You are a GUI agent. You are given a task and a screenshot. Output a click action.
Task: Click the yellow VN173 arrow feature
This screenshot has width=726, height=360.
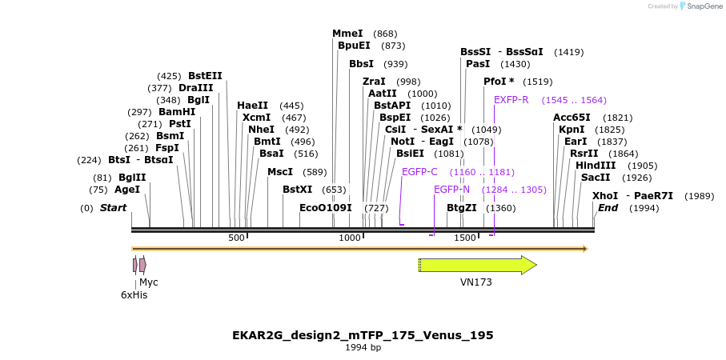pyautogui.click(x=476, y=266)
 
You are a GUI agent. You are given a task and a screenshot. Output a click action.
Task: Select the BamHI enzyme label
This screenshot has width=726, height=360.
pyautogui.click(x=177, y=112)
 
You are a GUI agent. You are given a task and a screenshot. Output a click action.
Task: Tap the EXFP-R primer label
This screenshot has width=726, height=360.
pyautogui.click(x=511, y=100)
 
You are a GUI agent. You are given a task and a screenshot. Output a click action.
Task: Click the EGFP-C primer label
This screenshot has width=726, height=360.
pyautogui.click(x=419, y=172)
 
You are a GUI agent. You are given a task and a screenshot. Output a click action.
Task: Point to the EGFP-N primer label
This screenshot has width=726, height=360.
pyautogui.click(x=451, y=190)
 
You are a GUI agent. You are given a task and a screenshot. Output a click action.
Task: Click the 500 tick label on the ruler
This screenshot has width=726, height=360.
pyautogui.click(x=236, y=238)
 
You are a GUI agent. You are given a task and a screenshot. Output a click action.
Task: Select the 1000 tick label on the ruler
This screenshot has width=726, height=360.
pyautogui.click(x=350, y=238)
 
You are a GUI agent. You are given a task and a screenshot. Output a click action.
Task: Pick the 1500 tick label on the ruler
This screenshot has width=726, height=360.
pyautogui.click(x=465, y=238)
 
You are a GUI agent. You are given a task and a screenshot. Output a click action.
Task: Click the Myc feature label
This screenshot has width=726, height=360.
pyautogui.click(x=149, y=282)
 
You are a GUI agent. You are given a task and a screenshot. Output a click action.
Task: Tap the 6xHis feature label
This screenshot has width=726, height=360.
pyautogui.click(x=134, y=294)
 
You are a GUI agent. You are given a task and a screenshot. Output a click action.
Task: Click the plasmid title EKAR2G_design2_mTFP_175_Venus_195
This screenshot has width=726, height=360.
pyautogui.click(x=363, y=335)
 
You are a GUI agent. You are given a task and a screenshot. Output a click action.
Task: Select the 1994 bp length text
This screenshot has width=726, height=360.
pyautogui.click(x=363, y=348)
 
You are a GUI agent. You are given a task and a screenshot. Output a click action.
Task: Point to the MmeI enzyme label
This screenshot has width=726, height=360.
pyautogui.click(x=347, y=34)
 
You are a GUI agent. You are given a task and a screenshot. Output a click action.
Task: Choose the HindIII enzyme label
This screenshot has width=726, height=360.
pyautogui.click(x=596, y=166)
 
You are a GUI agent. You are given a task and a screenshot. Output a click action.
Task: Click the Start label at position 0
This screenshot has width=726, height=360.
pyautogui.click(x=113, y=208)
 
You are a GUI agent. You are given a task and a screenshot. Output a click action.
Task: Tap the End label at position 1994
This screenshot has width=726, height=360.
pyautogui.click(x=608, y=208)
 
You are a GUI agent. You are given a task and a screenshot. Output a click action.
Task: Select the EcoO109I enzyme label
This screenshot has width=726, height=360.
pyautogui.click(x=326, y=208)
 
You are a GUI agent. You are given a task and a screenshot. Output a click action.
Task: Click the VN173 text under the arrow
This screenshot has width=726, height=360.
pyautogui.click(x=475, y=282)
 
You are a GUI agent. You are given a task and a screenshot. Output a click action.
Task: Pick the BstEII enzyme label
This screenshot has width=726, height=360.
pyautogui.click(x=205, y=76)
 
